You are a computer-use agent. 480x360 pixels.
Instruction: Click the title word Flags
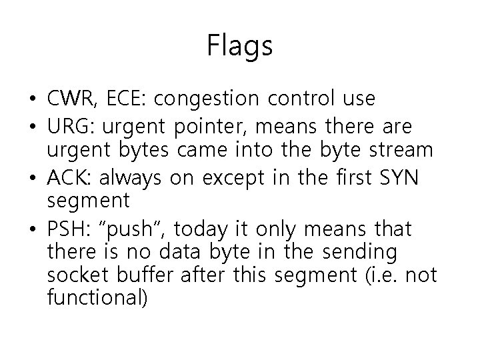point(240,46)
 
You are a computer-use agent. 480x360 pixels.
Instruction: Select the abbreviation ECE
point(131,99)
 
